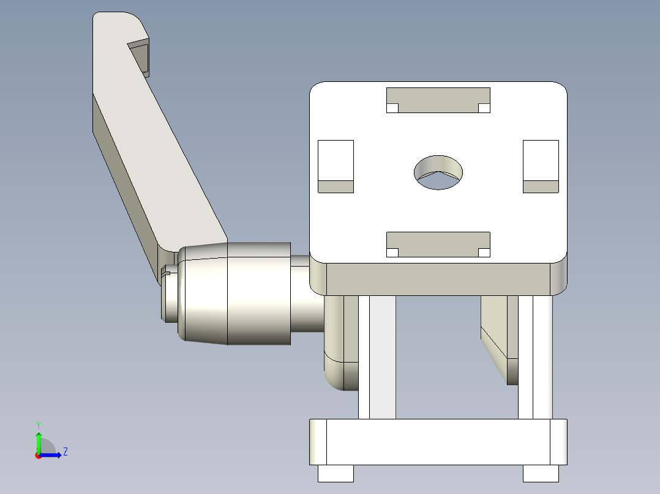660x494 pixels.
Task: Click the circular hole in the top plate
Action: tap(438, 172)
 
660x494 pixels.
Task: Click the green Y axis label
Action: tap(38, 424)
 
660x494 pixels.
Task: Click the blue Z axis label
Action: tap(65, 452)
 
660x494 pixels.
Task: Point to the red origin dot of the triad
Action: tap(38, 455)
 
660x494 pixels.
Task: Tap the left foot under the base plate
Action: tap(336, 473)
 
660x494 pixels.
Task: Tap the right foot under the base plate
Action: tap(541, 473)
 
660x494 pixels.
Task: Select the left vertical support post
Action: tap(377, 358)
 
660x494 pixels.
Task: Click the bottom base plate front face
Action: tap(438, 441)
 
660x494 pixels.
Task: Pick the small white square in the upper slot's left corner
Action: tap(392, 108)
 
